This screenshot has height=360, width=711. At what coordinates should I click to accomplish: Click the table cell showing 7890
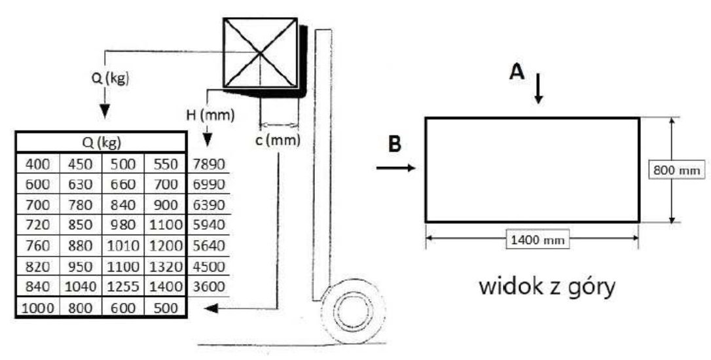pos(209,164)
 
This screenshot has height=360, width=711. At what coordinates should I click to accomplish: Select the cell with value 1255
pos(123,287)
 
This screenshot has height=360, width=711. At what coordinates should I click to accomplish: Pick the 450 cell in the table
pos(81,164)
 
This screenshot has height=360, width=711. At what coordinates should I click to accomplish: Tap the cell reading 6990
pos(209,185)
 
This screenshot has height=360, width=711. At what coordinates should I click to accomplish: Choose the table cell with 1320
pos(165,266)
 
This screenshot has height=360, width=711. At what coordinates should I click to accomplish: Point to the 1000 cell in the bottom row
pos(37,308)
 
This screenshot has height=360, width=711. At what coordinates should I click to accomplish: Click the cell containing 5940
pos(209,225)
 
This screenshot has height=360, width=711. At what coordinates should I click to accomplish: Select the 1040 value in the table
pos(81,287)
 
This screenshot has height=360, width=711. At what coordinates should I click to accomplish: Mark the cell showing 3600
pos(209,287)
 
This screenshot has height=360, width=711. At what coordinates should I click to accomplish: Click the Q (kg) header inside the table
pos(101,143)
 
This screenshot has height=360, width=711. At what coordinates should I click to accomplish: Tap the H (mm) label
pos(210,115)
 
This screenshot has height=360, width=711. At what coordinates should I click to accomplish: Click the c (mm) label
pos(278,140)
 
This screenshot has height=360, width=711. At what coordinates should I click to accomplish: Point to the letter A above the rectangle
pos(517,71)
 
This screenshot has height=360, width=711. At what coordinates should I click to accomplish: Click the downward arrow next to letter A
pos(538,88)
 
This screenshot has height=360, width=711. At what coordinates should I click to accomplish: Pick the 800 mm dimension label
pos(676,170)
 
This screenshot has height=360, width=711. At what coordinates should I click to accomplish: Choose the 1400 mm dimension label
pos(538,240)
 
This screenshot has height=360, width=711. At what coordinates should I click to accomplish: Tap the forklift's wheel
pos(354,312)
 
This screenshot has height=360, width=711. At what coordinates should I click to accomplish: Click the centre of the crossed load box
pos(261,53)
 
